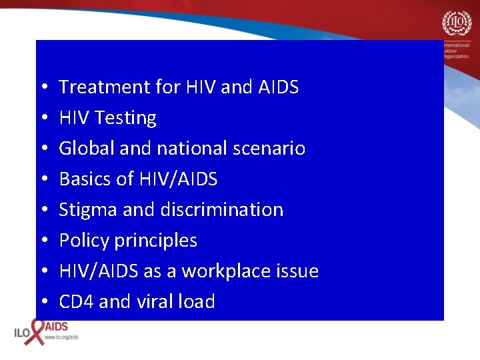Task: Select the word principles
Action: tap(155, 241)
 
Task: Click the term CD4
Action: tap(76, 302)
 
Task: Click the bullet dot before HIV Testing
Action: tap(42, 119)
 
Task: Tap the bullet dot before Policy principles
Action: tap(42, 241)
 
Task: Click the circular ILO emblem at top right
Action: tap(457, 25)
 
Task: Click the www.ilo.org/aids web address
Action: tap(61, 338)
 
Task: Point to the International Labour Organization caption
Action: tap(460, 50)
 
